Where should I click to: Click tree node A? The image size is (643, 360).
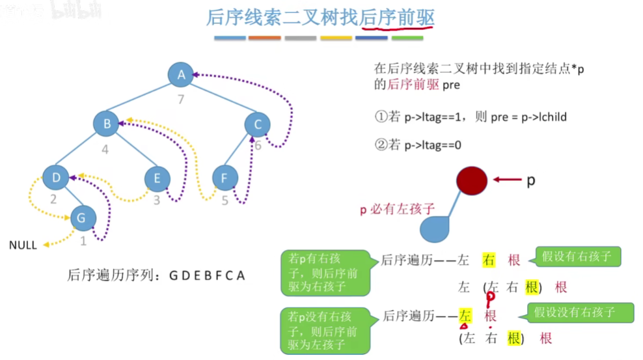coord(182,75)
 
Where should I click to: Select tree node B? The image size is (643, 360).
coord(105,124)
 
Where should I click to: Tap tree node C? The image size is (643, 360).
coord(258,124)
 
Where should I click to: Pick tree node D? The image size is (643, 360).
coord(55,177)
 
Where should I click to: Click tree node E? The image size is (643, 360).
coord(156,177)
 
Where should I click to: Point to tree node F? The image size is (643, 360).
coord(225,177)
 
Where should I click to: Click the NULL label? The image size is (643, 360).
coord(23,245)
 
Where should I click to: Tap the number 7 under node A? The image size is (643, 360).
coord(182,99)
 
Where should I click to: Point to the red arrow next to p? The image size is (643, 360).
coord(506,180)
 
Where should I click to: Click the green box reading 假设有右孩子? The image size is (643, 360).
coord(577,256)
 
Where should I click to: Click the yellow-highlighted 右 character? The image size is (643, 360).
coord(489,260)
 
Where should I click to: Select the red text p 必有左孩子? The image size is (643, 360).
coord(396,210)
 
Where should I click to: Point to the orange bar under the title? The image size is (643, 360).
coord(265,38)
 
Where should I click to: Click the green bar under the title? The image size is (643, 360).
coord(407,38)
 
